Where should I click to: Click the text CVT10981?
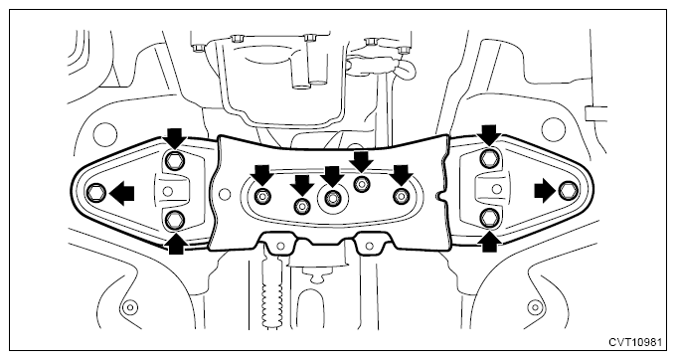click(x=635, y=342)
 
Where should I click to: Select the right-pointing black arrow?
click(x=546, y=191)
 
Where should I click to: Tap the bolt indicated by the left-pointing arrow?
click(x=95, y=192)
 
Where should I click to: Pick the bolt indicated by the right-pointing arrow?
click(x=567, y=190)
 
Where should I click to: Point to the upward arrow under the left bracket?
click(x=176, y=244)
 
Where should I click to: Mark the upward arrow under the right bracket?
click(x=489, y=242)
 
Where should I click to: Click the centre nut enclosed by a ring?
click(x=331, y=198)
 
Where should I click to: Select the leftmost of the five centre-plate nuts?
click(x=261, y=196)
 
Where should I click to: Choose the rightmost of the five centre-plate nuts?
click(x=401, y=195)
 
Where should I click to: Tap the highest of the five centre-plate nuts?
click(x=361, y=184)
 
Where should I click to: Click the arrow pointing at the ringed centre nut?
click(x=332, y=176)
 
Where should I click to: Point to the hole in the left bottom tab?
click(x=280, y=247)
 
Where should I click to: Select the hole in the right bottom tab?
click(x=369, y=246)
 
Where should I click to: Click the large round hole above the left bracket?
click(x=104, y=134)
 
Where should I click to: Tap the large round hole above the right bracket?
click(x=553, y=129)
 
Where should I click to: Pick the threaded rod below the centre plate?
click(x=270, y=292)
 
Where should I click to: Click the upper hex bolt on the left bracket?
click(x=175, y=160)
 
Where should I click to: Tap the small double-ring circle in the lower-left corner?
click(x=129, y=307)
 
